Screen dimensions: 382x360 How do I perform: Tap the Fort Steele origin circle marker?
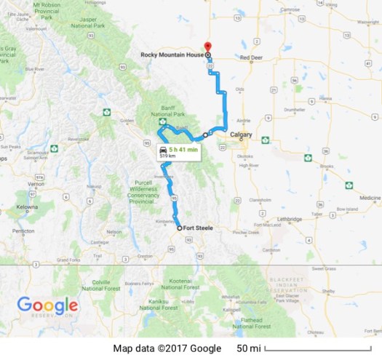(x=180, y=228)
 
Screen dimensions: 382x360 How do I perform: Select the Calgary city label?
(x=241, y=135)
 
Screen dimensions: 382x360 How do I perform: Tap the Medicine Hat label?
(x=368, y=197)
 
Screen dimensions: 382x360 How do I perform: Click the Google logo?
(x=47, y=306)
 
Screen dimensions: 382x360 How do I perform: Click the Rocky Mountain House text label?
(x=173, y=55)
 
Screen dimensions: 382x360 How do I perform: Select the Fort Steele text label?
(x=199, y=228)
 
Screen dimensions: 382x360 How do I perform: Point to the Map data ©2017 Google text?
(x=167, y=348)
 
